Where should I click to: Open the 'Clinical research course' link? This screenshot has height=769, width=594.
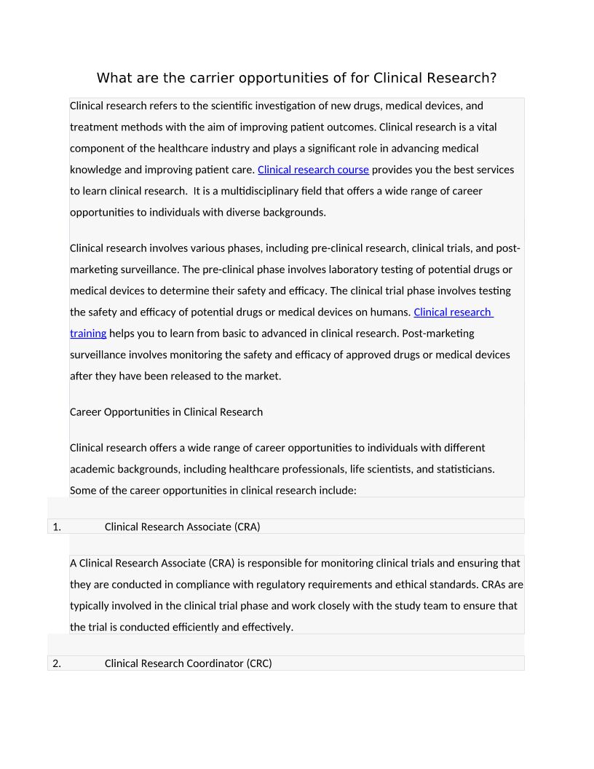click(313, 170)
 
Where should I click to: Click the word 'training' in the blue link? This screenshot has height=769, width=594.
click(88, 334)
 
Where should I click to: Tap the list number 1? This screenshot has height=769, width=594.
click(56, 527)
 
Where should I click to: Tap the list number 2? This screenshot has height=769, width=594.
click(56, 663)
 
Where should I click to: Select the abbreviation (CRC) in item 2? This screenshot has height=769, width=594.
click(259, 663)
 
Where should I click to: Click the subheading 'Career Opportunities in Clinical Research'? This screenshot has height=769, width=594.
click(166, 412)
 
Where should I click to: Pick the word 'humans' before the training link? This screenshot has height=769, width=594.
click(390, 312)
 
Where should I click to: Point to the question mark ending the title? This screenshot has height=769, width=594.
click(493, 78)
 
